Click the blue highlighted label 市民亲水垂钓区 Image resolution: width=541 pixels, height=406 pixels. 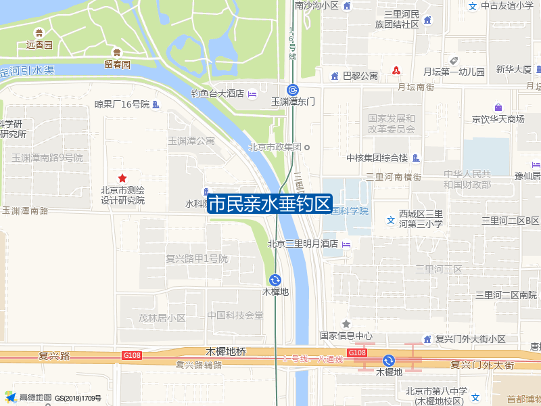point(269,204)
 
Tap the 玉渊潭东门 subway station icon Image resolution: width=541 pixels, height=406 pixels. point(293,89)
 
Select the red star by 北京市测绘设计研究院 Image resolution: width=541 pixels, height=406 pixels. point(122,178)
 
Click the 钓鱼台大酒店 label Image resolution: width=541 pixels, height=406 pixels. point(217,93)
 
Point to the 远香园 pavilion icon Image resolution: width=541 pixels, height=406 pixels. point(39,32)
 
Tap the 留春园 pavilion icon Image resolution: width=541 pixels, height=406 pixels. point(117,52)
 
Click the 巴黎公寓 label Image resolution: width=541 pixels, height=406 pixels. point(360,76)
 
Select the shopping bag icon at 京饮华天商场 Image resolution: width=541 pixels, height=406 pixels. point(498,108)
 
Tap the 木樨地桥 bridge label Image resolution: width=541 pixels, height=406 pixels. point(226,352)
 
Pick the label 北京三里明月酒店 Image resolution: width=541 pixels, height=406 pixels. point(302,244)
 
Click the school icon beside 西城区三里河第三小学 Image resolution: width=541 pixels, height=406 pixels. point(390,220)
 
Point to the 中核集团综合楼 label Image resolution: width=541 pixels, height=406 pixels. point(377,158)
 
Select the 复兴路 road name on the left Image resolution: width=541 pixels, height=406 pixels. point(55,355)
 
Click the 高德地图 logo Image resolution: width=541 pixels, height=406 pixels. point(30,397)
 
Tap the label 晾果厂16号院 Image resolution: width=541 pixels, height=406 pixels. point(122,104)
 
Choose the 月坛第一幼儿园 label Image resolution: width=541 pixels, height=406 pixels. point(454,72)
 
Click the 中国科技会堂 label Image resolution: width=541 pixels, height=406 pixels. point(235,315)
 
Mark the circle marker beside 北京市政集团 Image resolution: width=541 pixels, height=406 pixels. point(306,147)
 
